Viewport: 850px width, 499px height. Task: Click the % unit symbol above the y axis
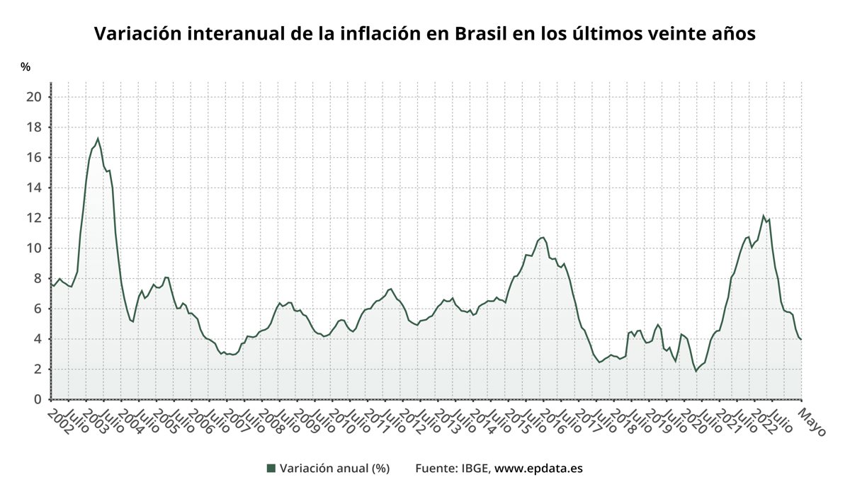pos(25,67)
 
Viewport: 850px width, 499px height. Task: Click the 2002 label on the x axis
pos(59,420)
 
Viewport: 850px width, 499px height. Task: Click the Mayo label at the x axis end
pos(812,422)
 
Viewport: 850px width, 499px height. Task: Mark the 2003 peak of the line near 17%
pos(98,139)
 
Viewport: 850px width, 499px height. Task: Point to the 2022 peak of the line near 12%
pos(764,216)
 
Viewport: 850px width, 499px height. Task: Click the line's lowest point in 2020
pos(696,371)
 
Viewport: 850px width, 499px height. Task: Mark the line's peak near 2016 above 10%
pos(543,237)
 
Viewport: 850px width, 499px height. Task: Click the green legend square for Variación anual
pos(271,469)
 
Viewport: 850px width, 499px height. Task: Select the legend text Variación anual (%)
pos(334,469)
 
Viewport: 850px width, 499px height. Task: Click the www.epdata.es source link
pos(538,469)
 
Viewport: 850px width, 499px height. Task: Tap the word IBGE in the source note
pos(475,469)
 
